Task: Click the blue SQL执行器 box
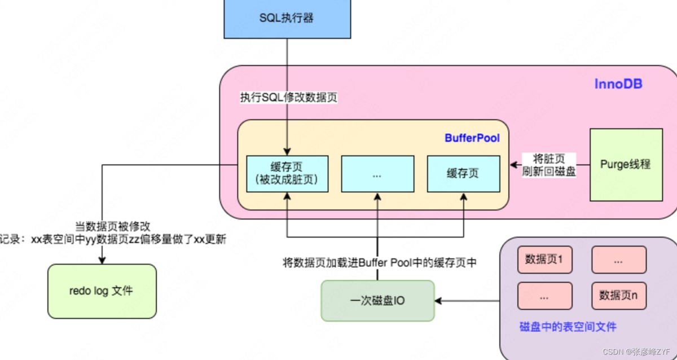[286, 18]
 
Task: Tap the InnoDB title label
[618, 85]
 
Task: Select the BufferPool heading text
[472, 138]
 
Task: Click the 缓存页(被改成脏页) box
[287, 173]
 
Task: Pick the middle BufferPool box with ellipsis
[377, 174]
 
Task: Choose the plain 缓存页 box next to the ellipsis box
[463, 174]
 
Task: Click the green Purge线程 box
[626, 165]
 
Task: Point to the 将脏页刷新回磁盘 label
[549, 165]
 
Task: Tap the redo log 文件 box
[102, 291]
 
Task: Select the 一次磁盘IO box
[378, 301]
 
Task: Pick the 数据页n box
[618, 296]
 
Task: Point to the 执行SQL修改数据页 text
[288, 97]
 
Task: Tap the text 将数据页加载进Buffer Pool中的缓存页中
[379, 262]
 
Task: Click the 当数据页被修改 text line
[113, 227]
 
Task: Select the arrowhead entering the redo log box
[102, 261]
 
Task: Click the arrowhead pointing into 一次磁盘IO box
[438, 301]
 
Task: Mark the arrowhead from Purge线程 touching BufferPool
[513, 165]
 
